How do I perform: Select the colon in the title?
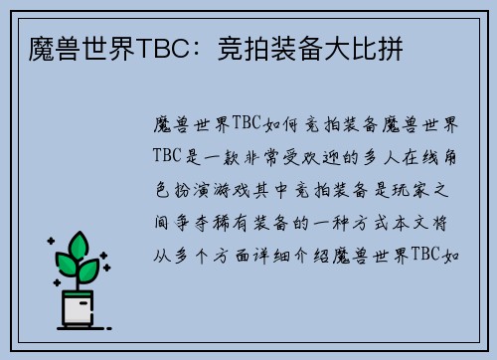click(x=205, y=48)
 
